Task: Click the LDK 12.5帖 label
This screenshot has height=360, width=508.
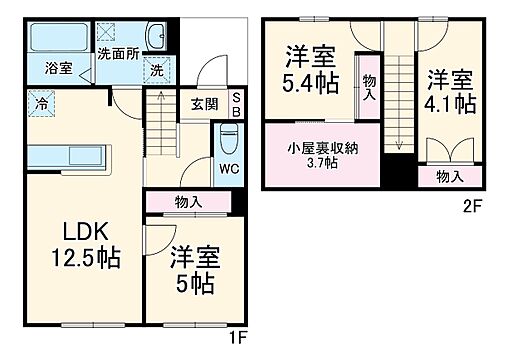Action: [86, 244]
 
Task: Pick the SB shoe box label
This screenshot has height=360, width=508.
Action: [236, 104]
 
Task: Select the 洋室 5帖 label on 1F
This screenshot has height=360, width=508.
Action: [192, 269]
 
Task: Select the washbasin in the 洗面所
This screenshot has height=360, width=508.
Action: [156, 37]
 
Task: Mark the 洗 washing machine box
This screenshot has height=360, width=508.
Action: [157, 70]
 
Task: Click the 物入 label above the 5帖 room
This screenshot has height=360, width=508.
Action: [187, 202]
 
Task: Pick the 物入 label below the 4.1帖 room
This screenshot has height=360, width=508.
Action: [450, 176]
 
